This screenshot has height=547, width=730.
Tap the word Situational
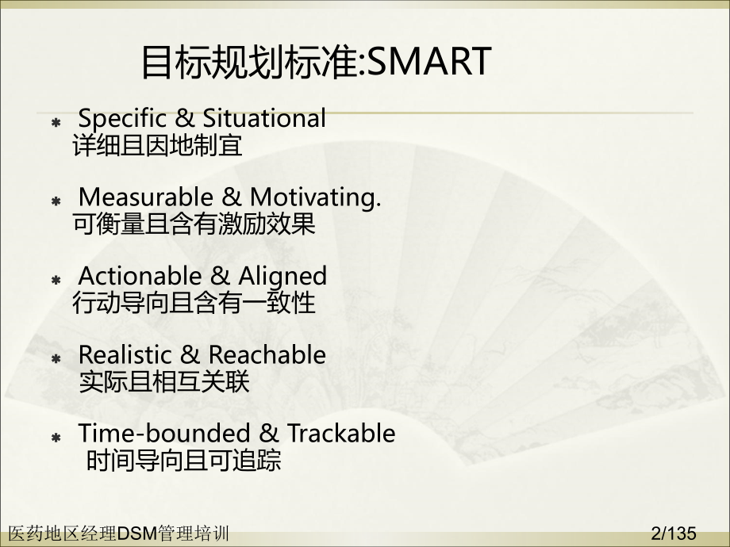264,119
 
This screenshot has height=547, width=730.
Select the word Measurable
147,197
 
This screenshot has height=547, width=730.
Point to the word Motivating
316,197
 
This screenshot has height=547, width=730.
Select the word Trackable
341,434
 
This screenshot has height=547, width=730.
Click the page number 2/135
673,533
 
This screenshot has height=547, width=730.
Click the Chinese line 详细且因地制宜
157,147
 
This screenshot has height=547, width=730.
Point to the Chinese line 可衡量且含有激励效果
194,224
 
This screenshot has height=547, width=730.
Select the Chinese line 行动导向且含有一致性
194,303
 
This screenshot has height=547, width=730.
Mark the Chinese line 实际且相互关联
164,382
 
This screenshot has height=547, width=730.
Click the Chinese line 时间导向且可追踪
183,461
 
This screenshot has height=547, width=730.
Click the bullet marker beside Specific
56,123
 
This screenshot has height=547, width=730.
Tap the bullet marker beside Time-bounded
56,438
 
